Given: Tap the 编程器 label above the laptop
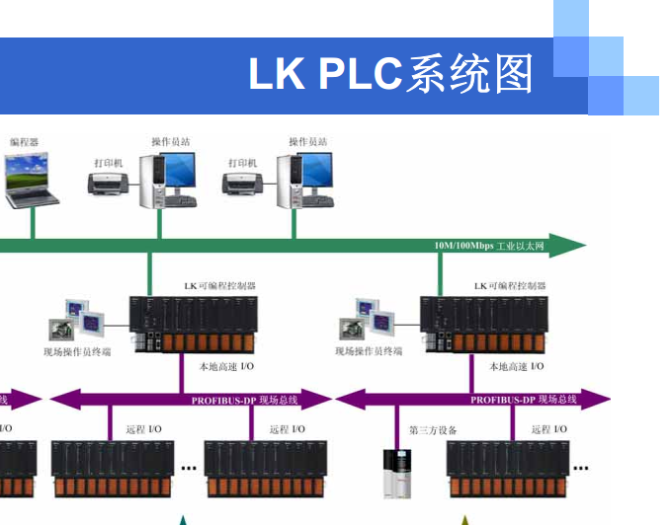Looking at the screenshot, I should tap(25, 142).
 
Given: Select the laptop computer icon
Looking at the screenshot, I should tap(31, 184).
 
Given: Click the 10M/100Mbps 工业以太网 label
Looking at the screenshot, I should tap(488, 246).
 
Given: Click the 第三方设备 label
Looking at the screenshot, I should tap(433, 430).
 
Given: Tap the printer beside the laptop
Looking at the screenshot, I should tap(108, 184).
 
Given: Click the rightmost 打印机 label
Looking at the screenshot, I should tap(242, 162).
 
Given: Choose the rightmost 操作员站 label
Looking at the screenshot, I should tap(307, 142).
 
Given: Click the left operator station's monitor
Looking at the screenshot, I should tap(179, 173).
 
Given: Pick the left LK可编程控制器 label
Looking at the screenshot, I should tap(219, 285).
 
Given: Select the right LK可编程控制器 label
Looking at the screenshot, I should tap(510, 285).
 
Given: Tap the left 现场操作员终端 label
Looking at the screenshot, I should tap(77, 351).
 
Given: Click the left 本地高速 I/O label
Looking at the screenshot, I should tap(226, 366).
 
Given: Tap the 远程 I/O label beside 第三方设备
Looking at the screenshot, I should tap(549, 429).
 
